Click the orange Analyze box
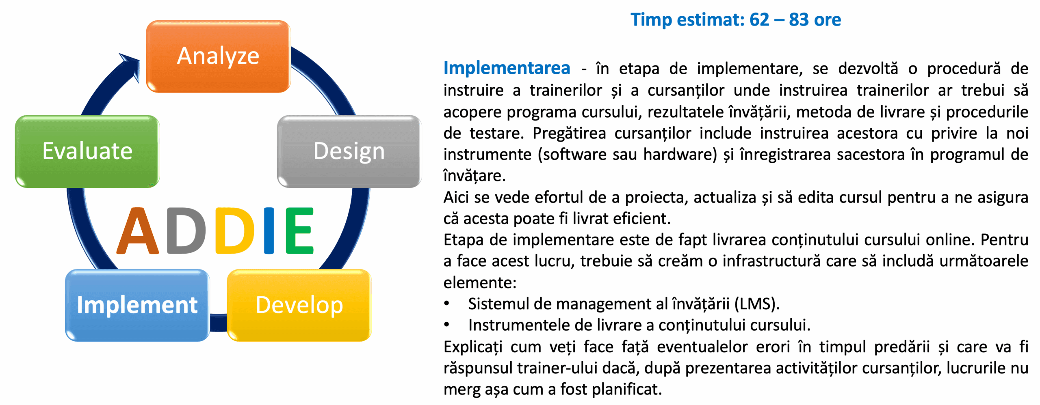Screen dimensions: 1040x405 tap(218, 56)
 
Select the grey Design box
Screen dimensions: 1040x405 tap(349, 151)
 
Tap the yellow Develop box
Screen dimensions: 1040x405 tap(299, 305)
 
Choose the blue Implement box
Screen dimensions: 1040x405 tap(137, 305)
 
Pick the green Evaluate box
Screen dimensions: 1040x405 tap(87, 151)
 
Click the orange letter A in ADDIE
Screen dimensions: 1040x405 tap(138, 231)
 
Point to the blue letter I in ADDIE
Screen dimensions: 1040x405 tap(269, 231)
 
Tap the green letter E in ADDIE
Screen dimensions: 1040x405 tap(300, 231)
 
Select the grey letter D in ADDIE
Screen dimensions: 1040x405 tap(186, 231)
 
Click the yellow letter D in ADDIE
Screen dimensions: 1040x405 tap(235, 231)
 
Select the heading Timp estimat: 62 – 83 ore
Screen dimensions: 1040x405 tap(736, 20)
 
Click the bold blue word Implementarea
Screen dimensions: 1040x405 tap(507, 68)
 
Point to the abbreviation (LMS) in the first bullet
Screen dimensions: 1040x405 tap(757, 304)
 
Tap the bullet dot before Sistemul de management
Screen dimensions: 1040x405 tap(447, 304)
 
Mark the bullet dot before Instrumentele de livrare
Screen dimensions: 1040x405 tap(447, 325)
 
